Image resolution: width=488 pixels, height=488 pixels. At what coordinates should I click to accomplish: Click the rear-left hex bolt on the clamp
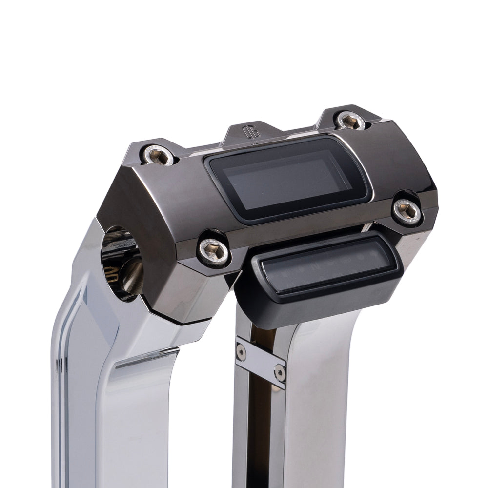point(158,155)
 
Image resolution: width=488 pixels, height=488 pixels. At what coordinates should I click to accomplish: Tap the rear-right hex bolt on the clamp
point(351,121)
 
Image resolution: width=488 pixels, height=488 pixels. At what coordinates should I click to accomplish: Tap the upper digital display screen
point(288,178)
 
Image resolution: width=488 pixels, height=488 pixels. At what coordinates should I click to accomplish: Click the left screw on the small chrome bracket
point(241,350)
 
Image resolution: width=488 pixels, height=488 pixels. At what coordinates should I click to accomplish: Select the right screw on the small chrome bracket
point(280,373)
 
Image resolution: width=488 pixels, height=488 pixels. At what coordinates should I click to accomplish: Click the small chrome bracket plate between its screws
point(260,362)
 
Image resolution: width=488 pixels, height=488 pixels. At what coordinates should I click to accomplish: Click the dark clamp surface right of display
point(400,161)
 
